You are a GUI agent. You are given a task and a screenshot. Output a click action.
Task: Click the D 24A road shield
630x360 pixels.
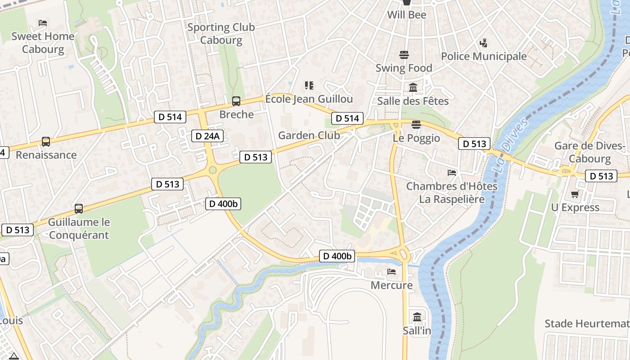tap(208, 136)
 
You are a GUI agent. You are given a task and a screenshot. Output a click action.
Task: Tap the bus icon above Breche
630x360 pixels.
tap(236, 101)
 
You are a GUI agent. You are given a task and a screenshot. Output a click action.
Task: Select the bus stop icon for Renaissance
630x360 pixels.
tap(46, 142)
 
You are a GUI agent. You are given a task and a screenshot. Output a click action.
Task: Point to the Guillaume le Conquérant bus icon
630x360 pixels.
tap(79, 209)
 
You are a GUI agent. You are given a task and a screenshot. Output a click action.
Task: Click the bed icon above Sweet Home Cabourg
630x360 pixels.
tap(43, 23)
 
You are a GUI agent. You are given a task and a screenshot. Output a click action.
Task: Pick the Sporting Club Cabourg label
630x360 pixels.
tap(221, 34)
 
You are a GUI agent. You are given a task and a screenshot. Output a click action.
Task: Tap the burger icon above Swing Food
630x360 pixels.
tap(404, 55)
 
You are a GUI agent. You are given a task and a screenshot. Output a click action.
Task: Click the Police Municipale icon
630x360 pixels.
tap(483, 43)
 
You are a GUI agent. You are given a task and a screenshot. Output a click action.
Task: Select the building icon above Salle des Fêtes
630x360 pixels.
tap(413, 88)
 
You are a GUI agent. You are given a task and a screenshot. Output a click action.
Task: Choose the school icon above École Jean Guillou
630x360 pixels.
tap(309, 85)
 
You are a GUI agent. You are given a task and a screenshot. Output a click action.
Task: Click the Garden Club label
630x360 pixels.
tap(309, 135)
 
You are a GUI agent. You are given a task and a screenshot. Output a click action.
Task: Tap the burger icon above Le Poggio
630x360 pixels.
tap(416, 125)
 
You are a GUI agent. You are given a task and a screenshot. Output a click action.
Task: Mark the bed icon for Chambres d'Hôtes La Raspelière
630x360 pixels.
tap(452, 173)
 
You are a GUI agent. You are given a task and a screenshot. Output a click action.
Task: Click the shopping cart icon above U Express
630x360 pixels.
tap(575, 194)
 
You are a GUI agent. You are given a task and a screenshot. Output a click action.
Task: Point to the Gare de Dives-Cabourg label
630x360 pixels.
tap(589, 152)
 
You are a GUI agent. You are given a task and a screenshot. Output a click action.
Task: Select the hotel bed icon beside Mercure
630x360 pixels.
tap(391, 272)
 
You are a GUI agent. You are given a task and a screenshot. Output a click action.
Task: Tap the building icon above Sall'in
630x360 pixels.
tap(417, 317)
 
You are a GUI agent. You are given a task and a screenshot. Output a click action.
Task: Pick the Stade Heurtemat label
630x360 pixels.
tap(587, 324)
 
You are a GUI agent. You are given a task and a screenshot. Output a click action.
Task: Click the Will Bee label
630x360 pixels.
tap(407, 15)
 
